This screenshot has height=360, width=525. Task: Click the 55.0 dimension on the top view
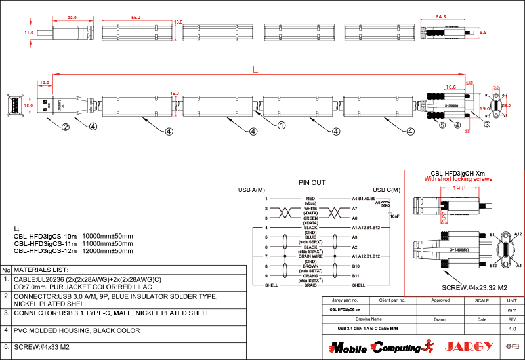pos(136,17)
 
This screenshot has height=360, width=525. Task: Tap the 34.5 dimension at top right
pos(441,17)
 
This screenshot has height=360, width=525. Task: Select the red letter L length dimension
pos(255,70)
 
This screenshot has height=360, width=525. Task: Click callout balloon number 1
pos(282,125)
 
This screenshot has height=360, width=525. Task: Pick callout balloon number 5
pos(442,125)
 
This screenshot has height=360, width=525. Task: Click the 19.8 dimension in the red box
pos(459,188)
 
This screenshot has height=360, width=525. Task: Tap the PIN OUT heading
pos(312,182)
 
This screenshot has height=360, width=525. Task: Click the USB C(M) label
pos(387,190)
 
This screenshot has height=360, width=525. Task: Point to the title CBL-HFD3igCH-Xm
pos(457,173)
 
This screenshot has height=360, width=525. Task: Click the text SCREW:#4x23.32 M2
pos(472,288)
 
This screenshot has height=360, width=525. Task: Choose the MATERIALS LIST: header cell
pos(41,270)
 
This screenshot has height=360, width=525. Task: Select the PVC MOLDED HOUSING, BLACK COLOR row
pos(77,330)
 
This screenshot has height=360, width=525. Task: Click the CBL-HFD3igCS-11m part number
pos(45,243)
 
